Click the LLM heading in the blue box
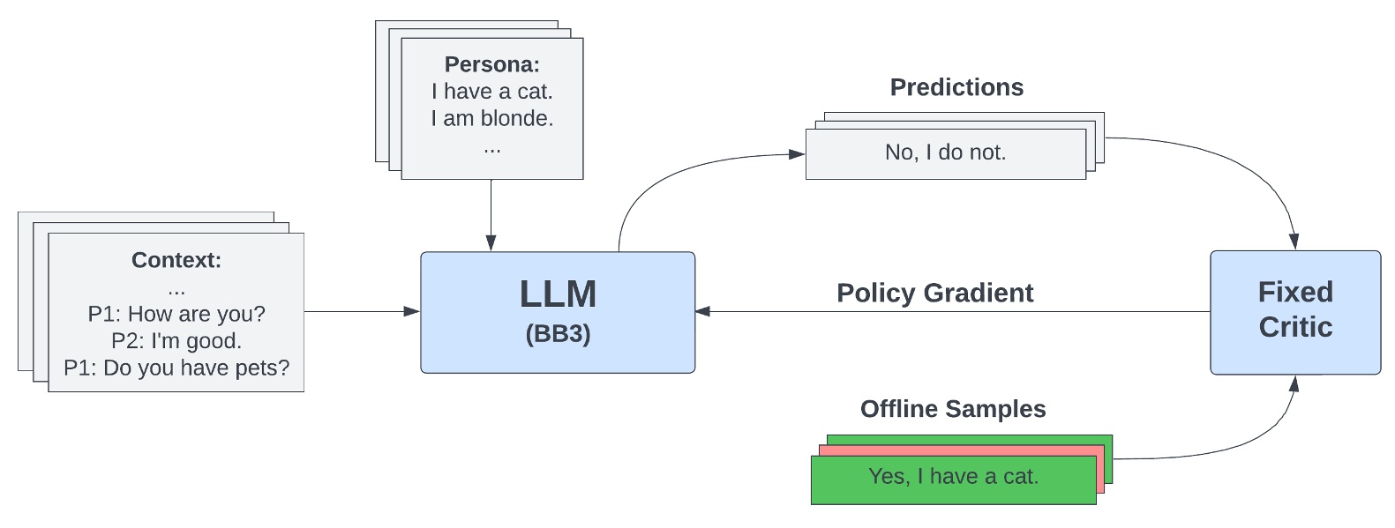pos(558,294)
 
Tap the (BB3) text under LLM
pos(558,334)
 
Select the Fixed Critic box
pos(1294,311)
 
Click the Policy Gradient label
pos(934,293)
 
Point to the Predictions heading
pos(956,87)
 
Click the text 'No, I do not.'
pos(945,152)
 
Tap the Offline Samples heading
pos(953,409)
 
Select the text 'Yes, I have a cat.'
pos(953,477)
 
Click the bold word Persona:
pos(491,64)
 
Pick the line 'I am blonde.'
pos(491,119)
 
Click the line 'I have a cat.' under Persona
pos(491,92)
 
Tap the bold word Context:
pos(176,260)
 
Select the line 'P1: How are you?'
pos(176,314)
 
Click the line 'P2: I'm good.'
pos(176,341)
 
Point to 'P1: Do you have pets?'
pos(176,368)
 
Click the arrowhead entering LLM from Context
pos(411,311)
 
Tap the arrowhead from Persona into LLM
pos(491,242)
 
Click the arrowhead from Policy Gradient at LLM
pos(703,311)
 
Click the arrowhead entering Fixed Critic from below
pos(1294,384)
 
